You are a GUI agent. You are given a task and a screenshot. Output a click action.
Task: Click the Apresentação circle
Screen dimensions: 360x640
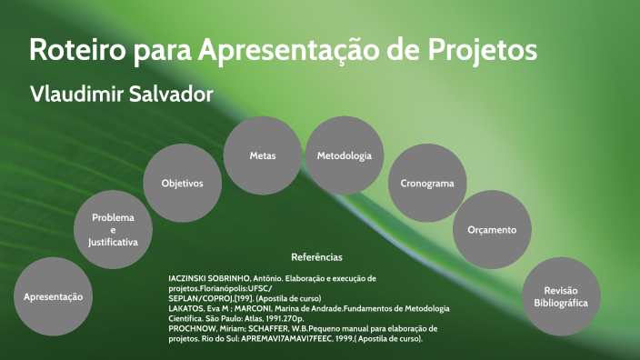pyautogui.click(x=53, y=296)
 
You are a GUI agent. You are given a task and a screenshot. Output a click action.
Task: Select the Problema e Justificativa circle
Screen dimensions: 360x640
pyautogui.click(x=113, y=231)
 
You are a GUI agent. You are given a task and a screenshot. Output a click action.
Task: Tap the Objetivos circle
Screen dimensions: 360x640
pyautogui.click(x=182, y=183)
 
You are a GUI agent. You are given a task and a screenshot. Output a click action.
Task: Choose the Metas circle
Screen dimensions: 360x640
pyautogui.click(x=263, y=155)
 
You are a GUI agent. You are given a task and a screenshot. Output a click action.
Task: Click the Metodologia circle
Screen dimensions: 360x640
pyautogui.click(x=344, y=155)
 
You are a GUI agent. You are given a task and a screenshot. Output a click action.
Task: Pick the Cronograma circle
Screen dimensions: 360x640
pyautogui.click(x=427, y=183)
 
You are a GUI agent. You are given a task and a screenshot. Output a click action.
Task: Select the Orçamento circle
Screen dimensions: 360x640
pyautogui.click(x=492, y=230)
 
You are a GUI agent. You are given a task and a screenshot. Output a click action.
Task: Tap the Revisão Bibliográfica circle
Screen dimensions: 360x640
pyautogui.click(x=561, y=296)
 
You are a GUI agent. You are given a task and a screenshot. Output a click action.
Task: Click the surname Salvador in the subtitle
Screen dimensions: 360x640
pyautogui.click(x=169, y=95)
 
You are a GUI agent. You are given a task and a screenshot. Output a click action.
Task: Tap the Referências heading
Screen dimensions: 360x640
pyautogui.click(x=316, y=257)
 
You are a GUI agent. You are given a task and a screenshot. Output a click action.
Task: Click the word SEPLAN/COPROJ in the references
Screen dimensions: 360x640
pyautogui.click(x=205, y=297)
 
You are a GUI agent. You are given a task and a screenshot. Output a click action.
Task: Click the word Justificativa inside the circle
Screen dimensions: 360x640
pyautogui.click(x=113, y=244)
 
